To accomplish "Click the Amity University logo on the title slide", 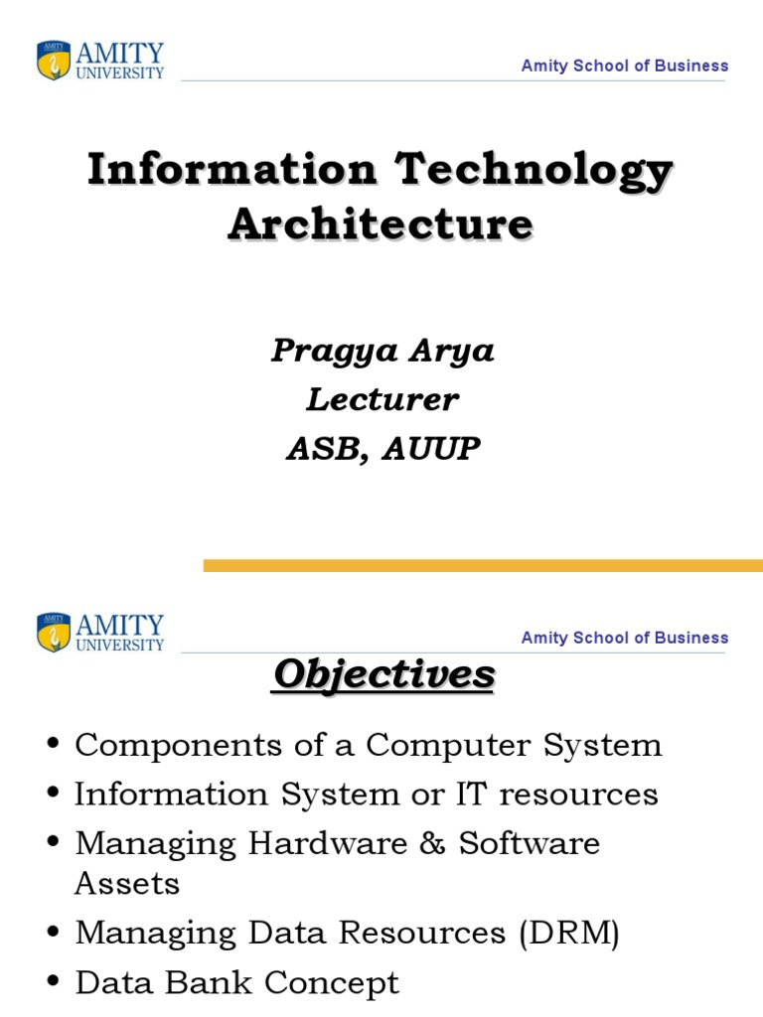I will [x=100, y=60].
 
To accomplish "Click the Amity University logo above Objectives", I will [x=100, y=632].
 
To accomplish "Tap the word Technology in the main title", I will [x=534, y=170].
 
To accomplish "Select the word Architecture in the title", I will [x=381, y=223].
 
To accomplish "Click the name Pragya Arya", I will [x=382, y=352].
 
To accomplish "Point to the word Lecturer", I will [x=382, y=400].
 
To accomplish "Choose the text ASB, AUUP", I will [x=382, y=449].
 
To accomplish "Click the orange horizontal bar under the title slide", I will [x=483, y=565].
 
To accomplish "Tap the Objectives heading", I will [x=383, y=675].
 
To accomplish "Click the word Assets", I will [x=127, y=884].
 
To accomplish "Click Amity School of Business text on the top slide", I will [x=625, y=66].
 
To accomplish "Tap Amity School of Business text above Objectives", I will [x=625, y=638].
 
